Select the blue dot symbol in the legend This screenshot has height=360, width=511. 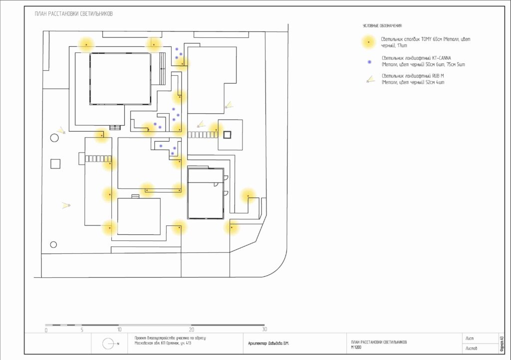point(369,62)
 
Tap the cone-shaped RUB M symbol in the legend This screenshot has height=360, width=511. point(369,79)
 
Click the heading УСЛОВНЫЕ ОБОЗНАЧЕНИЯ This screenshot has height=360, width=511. point(382,25)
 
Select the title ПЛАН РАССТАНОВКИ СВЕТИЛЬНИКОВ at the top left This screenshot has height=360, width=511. point(74,14)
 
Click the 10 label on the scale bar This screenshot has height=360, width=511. point(119,330)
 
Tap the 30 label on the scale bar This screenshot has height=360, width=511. point(264,329)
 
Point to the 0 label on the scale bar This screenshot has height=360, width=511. point(46,330)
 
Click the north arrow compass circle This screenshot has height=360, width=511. point(108,344)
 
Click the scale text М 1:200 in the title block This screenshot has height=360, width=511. point(356,347)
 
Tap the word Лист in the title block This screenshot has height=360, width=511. point(469,339)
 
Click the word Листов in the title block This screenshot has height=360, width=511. point(471,349)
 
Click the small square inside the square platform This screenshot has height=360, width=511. point(228,135)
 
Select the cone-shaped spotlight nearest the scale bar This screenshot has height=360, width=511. point(66,204)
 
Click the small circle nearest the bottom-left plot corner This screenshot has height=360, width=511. point(53,244)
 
